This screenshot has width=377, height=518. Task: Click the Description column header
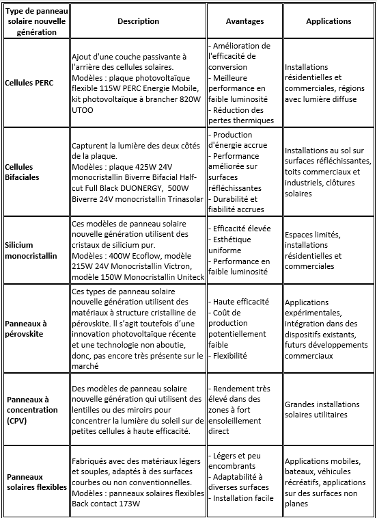138,21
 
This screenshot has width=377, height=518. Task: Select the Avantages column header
244,21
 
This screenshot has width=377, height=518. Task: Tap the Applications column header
329,21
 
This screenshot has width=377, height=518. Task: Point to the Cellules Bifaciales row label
23,171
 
